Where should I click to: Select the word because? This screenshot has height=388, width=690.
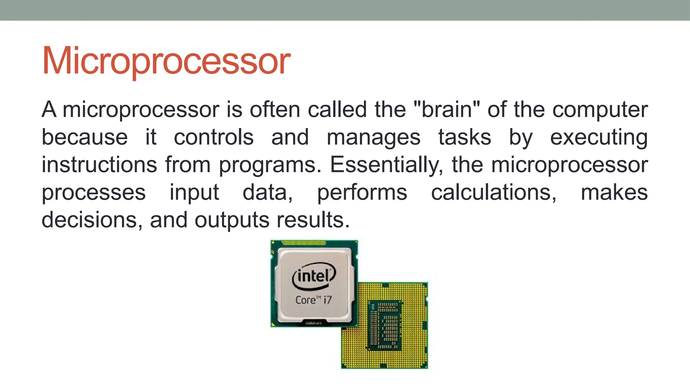(x=85, y=137)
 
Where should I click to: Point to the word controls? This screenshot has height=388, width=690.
(x=214, y=137)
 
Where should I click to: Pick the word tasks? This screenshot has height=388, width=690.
(x=465, y=137)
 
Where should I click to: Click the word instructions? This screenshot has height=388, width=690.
(x=99, y=165)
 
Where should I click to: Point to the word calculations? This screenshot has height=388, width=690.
(x=494, y=193)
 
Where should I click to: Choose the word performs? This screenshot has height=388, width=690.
(x=362, y=193)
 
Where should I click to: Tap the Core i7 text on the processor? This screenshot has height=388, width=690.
(x=314, y=300)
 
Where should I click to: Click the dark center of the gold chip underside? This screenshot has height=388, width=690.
(x=384, y=325)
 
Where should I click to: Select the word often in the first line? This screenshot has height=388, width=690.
(x=275, y=110)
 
